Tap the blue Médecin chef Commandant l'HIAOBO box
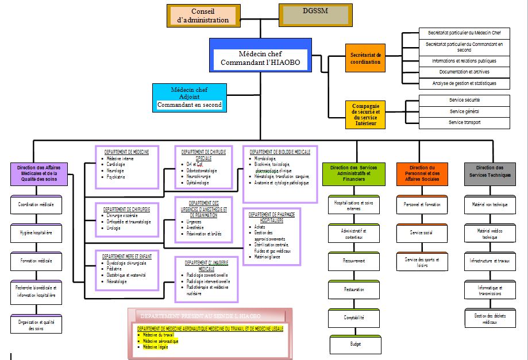(260, 55)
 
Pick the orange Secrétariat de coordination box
(365, 58)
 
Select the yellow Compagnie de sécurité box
(365, 115)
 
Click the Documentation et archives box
(464, 72)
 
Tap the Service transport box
(464, 122)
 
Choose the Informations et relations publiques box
(464, 60)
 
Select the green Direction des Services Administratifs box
(353, 173)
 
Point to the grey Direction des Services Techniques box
(490, 173)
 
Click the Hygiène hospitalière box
(36, 233)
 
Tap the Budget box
(353, 344)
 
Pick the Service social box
(422, 233)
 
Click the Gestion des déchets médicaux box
(490, 319)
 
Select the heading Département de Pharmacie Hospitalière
(272, 217)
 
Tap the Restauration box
(353, 289)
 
